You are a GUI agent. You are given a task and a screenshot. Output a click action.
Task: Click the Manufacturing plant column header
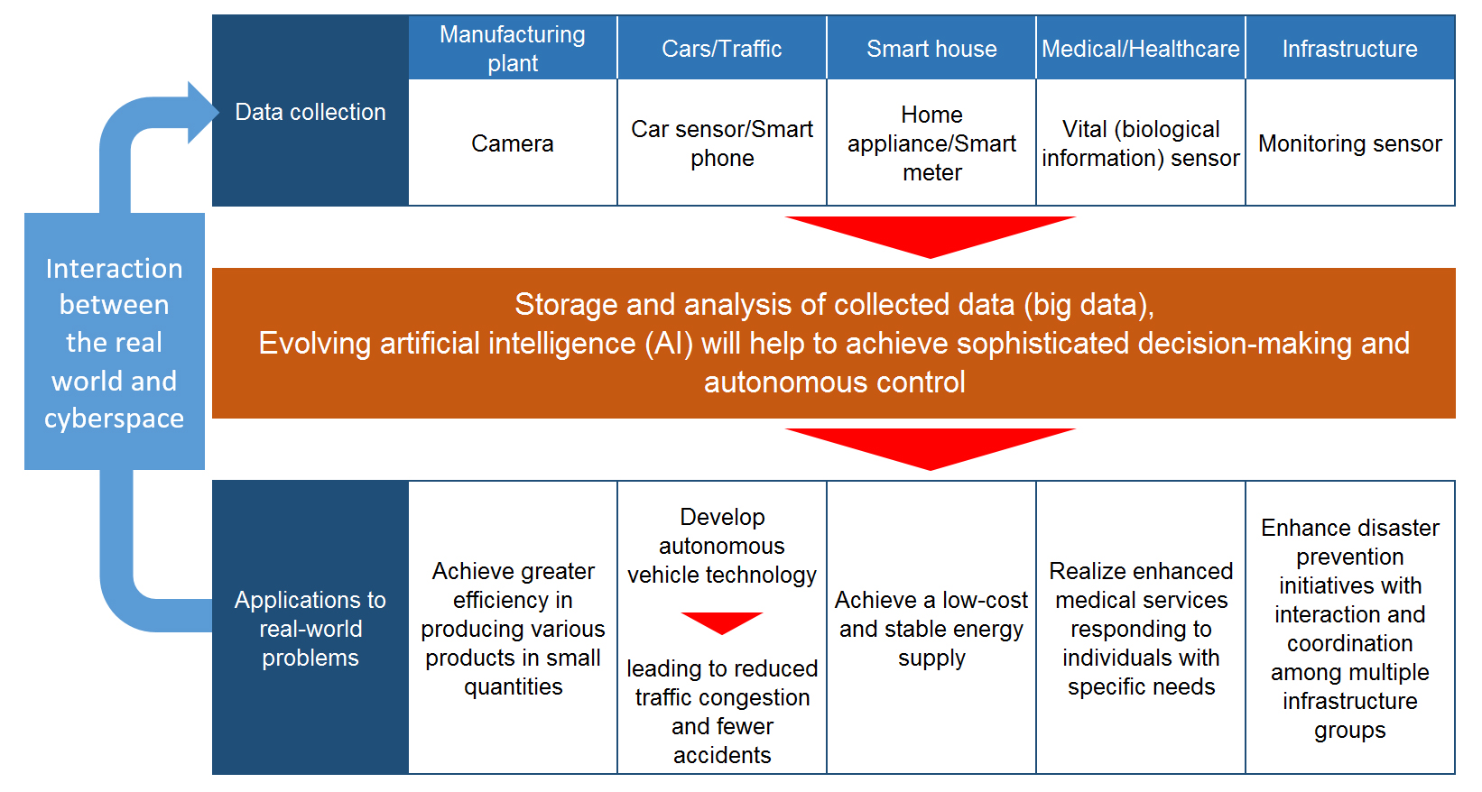pyautogui.click(x=513, y=49)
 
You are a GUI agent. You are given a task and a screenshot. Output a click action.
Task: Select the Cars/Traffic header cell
pyautogui.click(x=722, y=49)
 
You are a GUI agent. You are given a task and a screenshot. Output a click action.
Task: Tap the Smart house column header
pyautogui.click(x=931, y=49)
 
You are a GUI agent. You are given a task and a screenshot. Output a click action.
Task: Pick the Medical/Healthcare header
pyautogui.click(x=1141, y=49)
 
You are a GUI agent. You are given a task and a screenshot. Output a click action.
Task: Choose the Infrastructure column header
pyautogui.click(x=1350, y=49)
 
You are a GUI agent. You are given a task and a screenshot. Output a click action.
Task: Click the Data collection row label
pyautogui.click(x=310, y=112)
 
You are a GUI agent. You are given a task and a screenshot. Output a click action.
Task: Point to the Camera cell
pyautogui.click(x=513, y=143)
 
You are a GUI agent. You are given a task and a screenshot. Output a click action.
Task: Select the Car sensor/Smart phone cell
pyautogui.click(x=722, y=143)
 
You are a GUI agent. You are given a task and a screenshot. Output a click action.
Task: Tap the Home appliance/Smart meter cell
pyautogui.click(x=931, y=143)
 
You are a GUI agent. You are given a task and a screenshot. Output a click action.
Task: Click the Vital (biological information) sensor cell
pyautogui.click(x=1141, y=143)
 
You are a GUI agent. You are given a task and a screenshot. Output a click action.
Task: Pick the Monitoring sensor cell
pyautogui.click(x=1350, y=143)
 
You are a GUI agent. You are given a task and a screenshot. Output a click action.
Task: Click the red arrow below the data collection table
pyautogui.click(x=930, y=234)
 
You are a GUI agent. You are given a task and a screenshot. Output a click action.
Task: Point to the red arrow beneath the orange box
pyautogui.click(x=930, y=446)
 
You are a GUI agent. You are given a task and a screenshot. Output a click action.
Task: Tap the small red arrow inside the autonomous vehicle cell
pyautogui.click(x=722, y=622)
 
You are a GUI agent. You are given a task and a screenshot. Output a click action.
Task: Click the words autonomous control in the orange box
pyautogui.click(x=834, y=382)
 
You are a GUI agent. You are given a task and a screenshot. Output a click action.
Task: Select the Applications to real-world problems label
pyautogui.click(x=310, y=629)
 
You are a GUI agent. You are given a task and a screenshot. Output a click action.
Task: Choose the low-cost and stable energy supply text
pyautogui.click(x=931, y=629)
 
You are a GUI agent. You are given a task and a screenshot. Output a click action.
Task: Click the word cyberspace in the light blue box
pyautogui.click(x=114, y=419)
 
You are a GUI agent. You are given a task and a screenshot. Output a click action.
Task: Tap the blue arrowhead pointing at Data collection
pyautogui.click(x=202, y=113)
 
